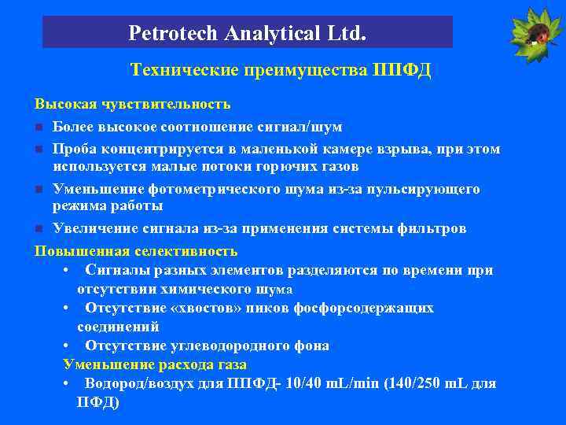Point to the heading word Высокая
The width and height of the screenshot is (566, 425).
[63, 104]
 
